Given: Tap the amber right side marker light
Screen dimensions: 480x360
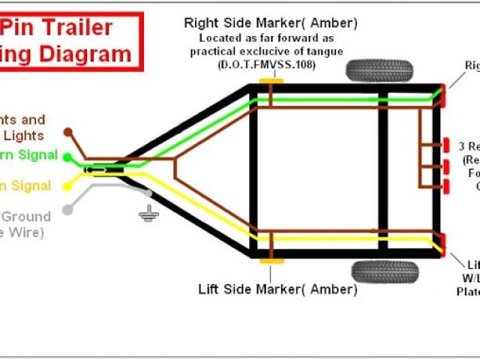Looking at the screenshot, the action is click(267, 79).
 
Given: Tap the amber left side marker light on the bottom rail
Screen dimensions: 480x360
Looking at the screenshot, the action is click(271, 261).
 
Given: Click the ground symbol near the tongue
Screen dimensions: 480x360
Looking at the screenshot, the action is click(147, 214).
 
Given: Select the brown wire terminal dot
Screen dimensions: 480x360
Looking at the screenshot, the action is click(67, 131).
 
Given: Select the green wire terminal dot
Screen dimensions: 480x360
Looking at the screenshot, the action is click(67, 157).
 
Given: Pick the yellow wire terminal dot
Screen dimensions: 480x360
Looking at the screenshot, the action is click(67, 185).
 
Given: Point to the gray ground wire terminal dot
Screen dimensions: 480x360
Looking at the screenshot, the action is click(67, 209).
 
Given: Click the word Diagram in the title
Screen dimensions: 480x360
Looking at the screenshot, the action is click(88, 54).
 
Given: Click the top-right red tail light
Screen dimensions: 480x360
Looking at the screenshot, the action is click(444, 94).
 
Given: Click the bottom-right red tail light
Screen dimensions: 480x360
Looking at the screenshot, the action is click(444, 241).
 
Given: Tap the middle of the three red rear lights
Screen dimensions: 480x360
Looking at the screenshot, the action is click(446, 165).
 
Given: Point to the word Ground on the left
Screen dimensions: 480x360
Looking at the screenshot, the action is click(26, 217).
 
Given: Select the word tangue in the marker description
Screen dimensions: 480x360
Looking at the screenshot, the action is click(323, 51).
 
